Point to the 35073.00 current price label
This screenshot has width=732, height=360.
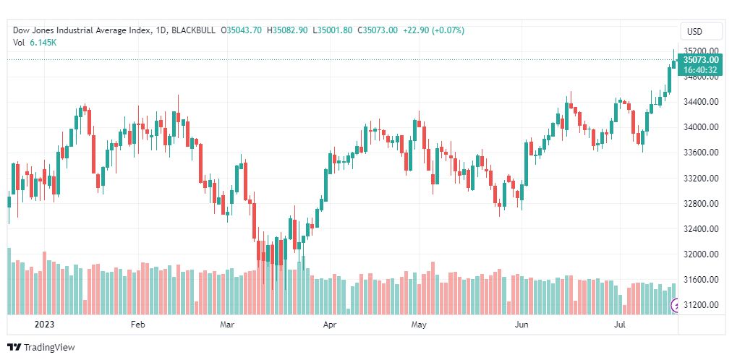pyautogui.click(x=700, y=59)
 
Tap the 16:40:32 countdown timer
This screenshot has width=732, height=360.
pyautogui.click(x=700, y=70)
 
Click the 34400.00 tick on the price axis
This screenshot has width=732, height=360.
pyautogui.click(x=700, y=102)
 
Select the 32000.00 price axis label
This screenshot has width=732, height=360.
pyautogui.click(x=700, y=254)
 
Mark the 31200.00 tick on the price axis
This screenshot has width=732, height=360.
pyautogui.click(x=700, y=305)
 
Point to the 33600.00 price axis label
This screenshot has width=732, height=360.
pyautogui.click(x=700, y=153)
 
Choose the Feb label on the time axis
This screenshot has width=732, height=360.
pyautogui.click(x=139, y=325)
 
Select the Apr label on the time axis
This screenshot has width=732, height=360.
pyautogui.click(x=330, y=325)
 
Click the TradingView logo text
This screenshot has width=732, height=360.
pyautogui.click(x=49, y=348)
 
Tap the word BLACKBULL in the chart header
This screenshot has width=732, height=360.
pyautogui.click(x=196, y=30)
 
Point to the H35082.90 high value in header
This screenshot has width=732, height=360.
pyautogui.click(x=287, y=30)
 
